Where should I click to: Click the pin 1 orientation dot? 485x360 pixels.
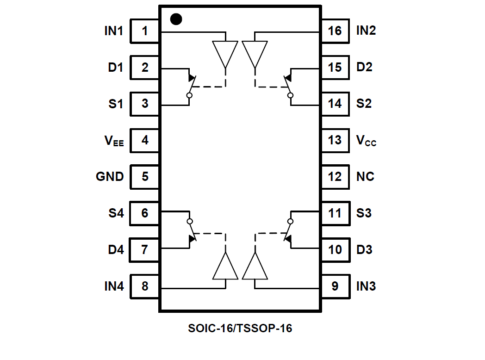click(176, 19)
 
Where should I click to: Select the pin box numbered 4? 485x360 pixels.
click(145, 140)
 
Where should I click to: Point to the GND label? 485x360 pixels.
click(110, 177)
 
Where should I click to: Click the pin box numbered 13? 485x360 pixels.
click(335, 140)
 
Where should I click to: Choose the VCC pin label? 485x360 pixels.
click(366, 141)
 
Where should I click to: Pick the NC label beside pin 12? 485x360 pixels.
click(365, 177)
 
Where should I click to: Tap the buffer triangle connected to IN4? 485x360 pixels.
click(225, 267)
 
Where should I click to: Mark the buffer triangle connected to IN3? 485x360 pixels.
click(255, 267)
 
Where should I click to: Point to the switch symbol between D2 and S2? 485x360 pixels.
click(289, 86)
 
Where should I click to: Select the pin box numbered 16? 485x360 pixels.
click(335, 31)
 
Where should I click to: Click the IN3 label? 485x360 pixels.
click(366, 286)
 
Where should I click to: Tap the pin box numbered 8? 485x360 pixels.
click(145, 286)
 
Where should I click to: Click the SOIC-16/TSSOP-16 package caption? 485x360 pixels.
click(240, 329)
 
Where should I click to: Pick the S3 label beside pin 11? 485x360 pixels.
click(364, 213)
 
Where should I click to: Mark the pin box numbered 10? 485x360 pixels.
click(335, 250)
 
